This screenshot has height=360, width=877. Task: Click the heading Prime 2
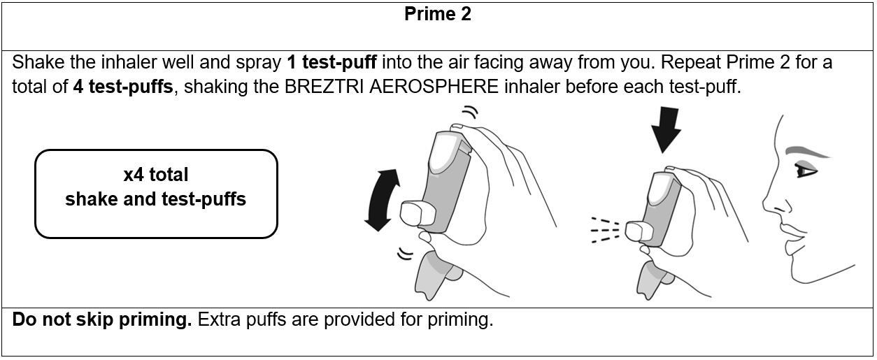pos(437,14)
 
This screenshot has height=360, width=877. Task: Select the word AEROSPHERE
pos(434,87)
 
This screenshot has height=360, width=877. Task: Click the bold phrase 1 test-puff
pos(331,62)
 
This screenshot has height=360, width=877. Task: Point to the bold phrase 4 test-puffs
pos(123,87)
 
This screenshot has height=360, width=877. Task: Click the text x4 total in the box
pos(156,175)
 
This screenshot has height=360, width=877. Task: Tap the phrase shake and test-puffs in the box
pos(156,199)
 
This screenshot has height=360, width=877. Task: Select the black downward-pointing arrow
pos(665,129)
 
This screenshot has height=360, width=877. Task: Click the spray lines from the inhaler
pos(605,230)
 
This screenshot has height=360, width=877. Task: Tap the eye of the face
pos(806,171)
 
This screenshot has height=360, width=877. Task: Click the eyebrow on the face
pos(807,152)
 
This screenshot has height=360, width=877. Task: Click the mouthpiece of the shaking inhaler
pos(418,214)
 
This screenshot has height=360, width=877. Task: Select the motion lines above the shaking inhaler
pos(470,112)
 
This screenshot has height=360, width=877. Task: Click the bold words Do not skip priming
pos(102,319)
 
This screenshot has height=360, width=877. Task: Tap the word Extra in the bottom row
pos(220,319)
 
